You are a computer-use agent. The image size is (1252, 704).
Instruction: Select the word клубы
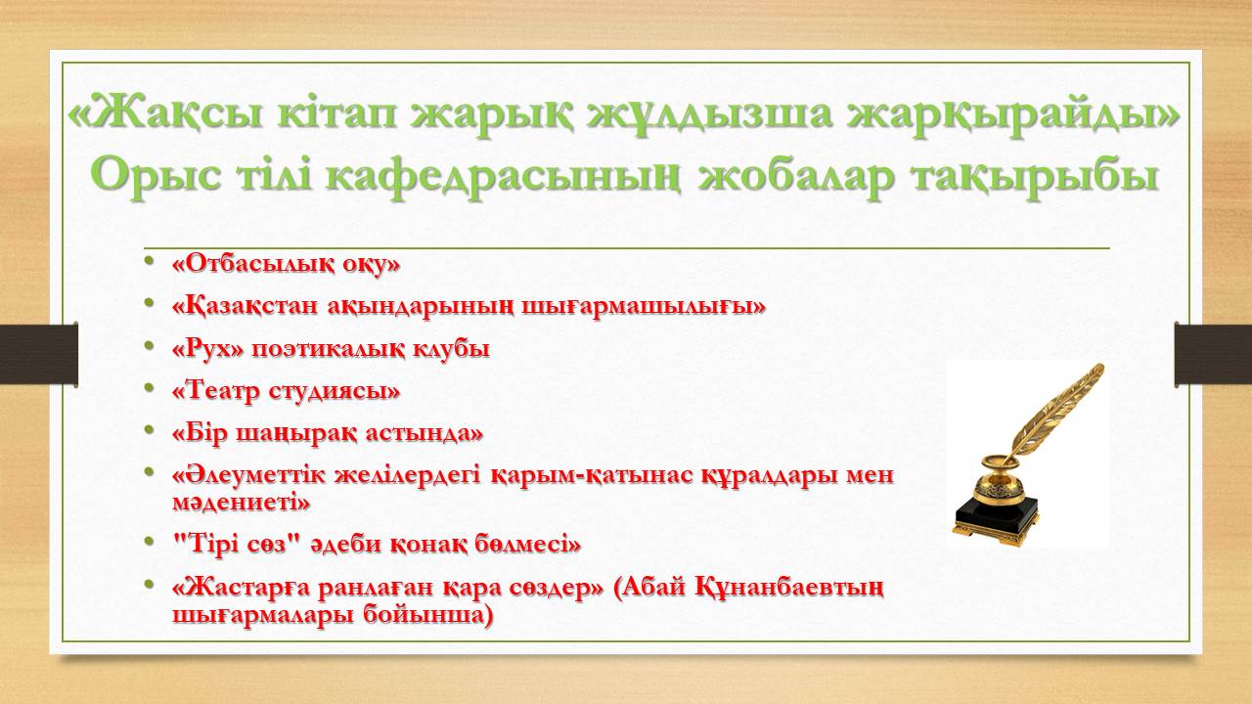(451, 349)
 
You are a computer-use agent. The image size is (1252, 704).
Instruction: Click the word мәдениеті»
(241, 503)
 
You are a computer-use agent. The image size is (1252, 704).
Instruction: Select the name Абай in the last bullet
(649, 588)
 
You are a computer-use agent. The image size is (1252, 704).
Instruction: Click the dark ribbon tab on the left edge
(38, 354)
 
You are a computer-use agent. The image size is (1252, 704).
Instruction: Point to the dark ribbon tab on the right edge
(1213, 354)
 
